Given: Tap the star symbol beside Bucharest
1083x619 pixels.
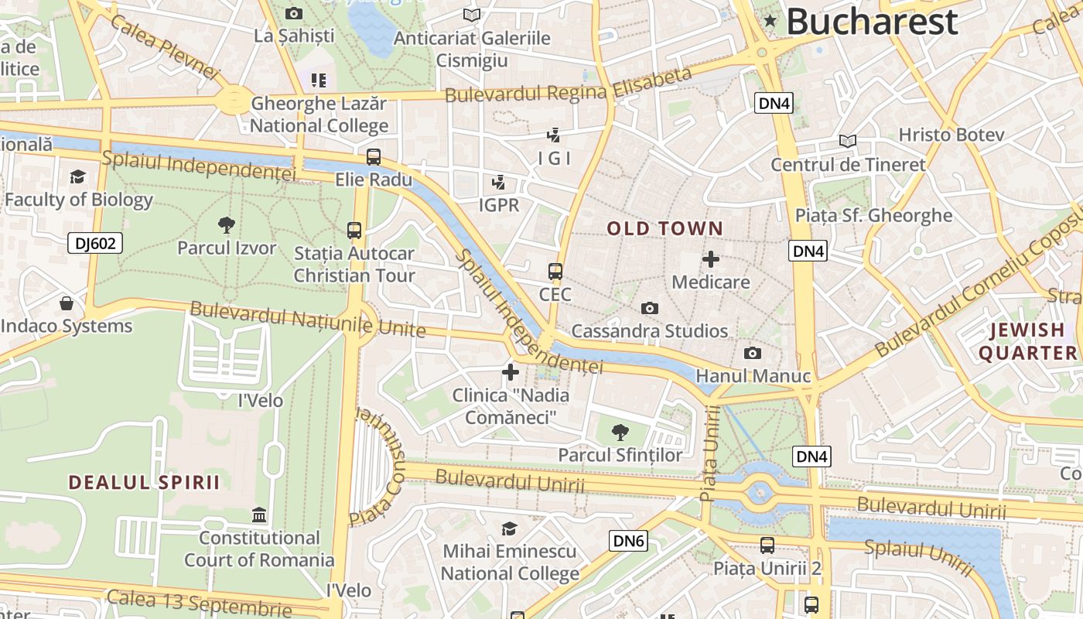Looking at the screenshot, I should pyautogui.click(x=770, y=21).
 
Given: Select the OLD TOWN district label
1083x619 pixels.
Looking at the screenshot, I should pyautogui.click(x=664, y=229).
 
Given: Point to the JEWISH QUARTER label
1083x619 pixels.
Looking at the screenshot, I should pyautogui.click(x=1027, y=342).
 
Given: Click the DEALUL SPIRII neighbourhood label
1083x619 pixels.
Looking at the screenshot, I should pyautogui.click(x=144, y=483).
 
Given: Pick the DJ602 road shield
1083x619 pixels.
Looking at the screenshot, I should pyautogui.click(x=95, y=244).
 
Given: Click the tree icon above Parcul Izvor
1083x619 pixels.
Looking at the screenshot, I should pyautogui.click(x=226, y=225).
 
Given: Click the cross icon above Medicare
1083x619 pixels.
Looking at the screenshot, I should pyautogui.click(x=710, y=259).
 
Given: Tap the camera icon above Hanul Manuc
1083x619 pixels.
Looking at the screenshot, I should pyautogui.click(x=752, y=354).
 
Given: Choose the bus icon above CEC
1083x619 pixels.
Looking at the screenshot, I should pyautogui.click(x=555, y=272).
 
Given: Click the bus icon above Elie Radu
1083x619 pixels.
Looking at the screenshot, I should pyautogui.click(x=374, y=157).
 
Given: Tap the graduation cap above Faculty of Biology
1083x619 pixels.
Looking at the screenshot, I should pyautogui.click(x=77, y=177).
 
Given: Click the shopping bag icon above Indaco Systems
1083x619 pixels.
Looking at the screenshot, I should pyautogui.click(x=67, y=303).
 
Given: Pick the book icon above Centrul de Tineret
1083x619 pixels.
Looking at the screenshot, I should pyautogui.click(x=848, y=141).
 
